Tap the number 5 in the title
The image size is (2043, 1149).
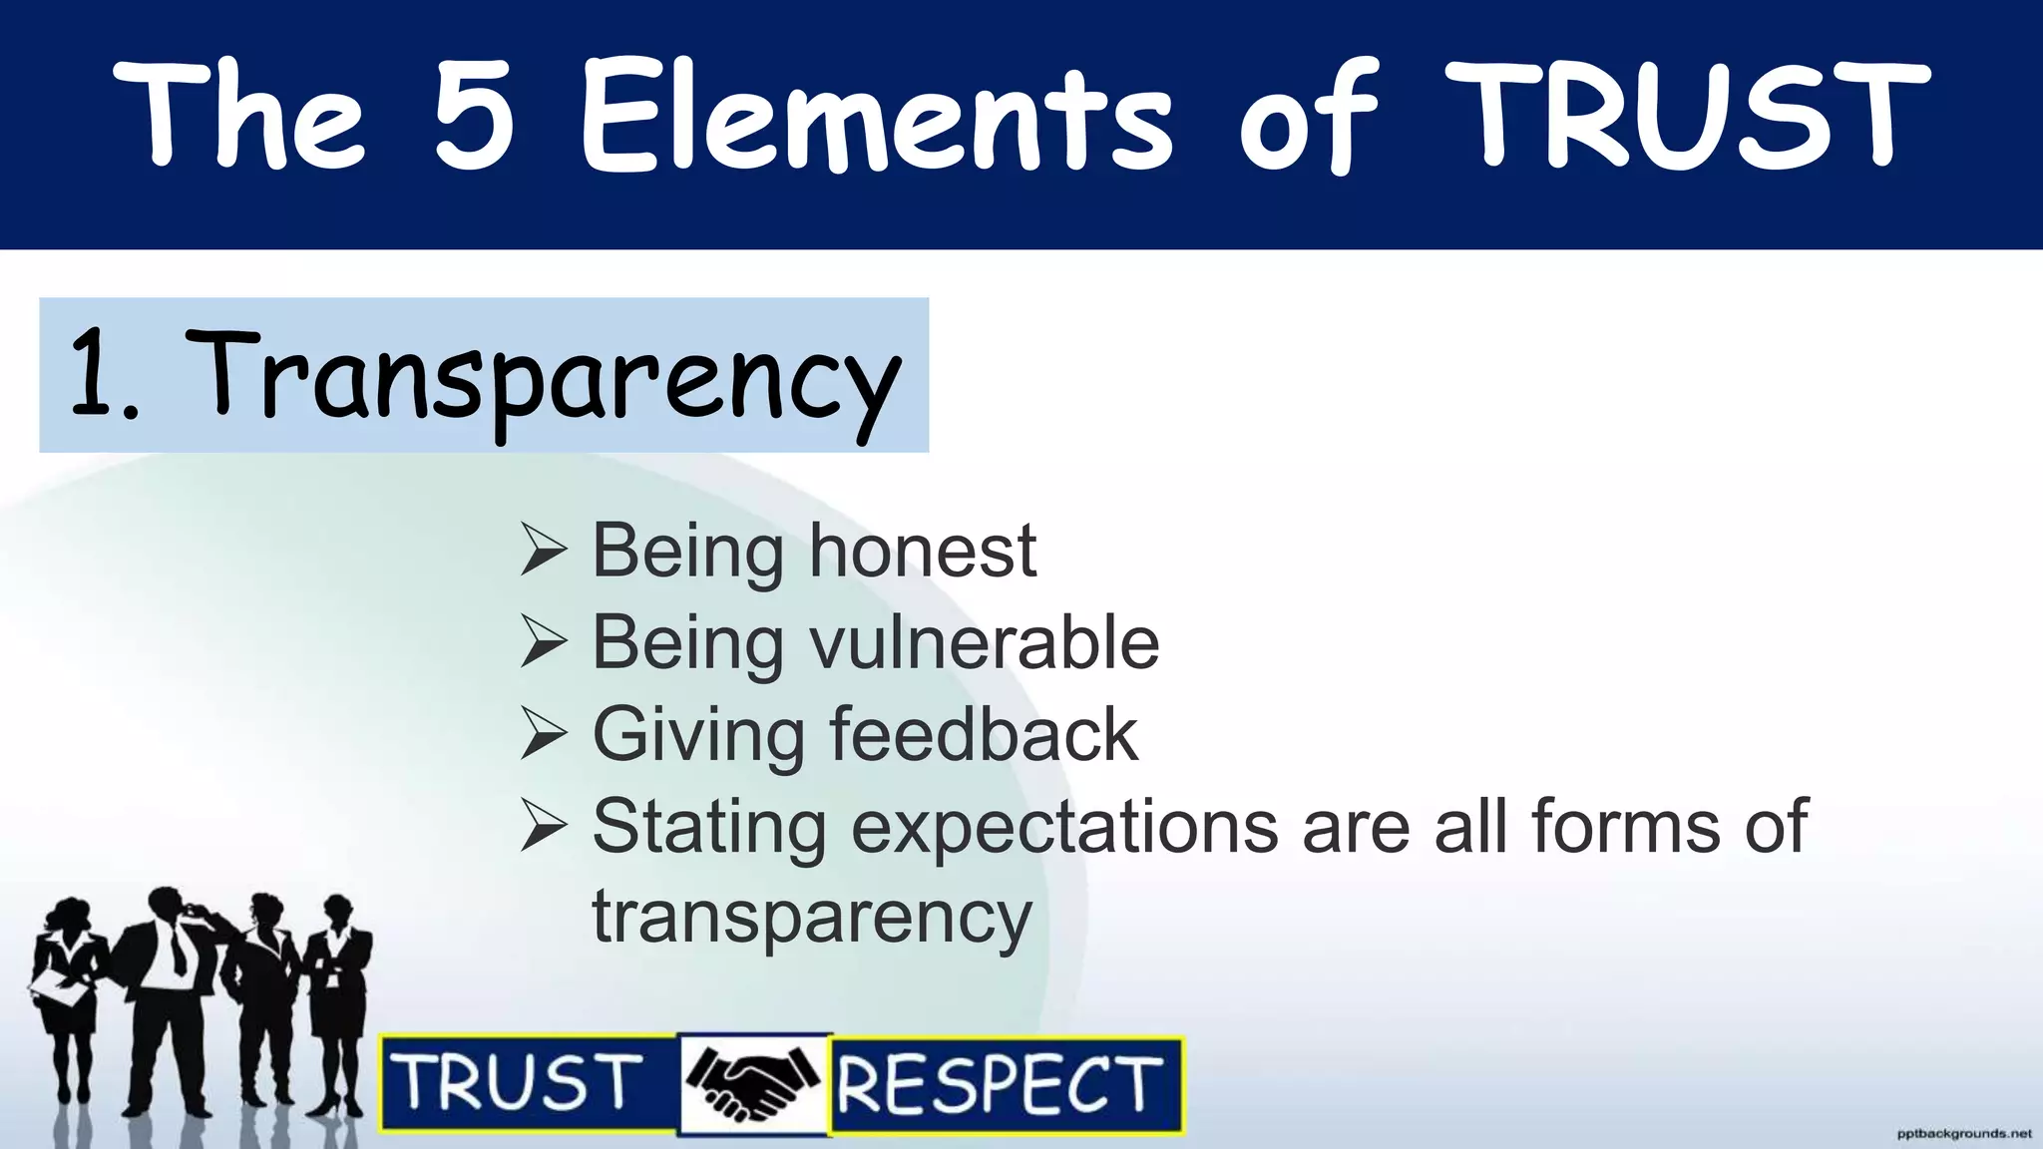(x=475, y=115)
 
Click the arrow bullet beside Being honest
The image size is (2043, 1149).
(x=544, y=552)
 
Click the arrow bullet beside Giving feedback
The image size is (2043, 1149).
(x=544, y=735)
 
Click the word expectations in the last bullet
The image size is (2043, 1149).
(x=1063, y=828)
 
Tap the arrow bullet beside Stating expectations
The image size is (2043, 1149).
(x=544, y=828)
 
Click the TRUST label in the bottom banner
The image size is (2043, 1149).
(x=519, y=1083)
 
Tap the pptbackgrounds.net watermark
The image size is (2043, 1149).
(x=1963, y=1134)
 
